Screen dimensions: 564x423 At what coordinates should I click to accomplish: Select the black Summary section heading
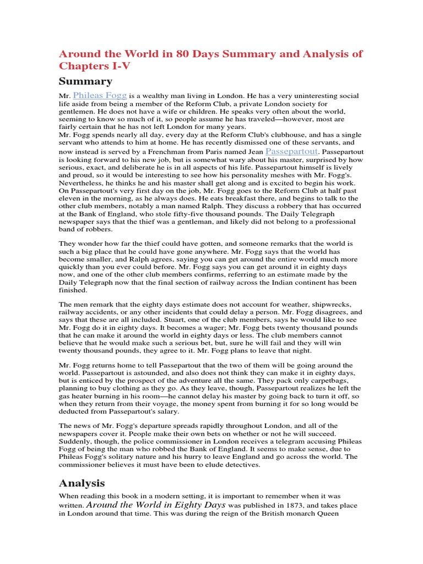(x=85, y=82)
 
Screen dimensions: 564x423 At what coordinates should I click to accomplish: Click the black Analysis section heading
(x=82, y=483)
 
